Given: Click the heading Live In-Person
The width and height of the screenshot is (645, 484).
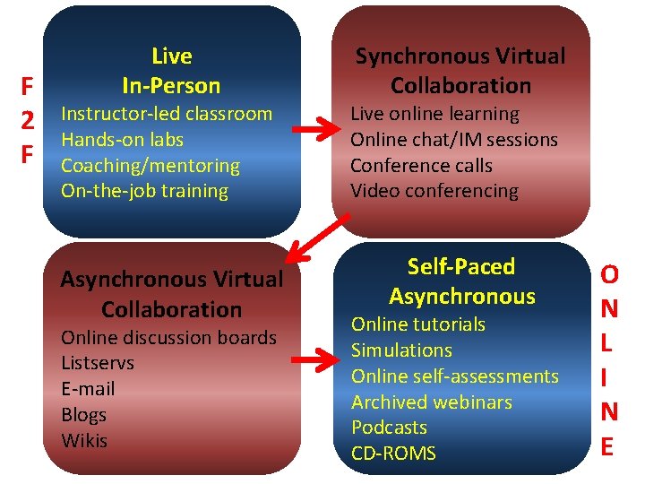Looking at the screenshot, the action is [x=171, y=71].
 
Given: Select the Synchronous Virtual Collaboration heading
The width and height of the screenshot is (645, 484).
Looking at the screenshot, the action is [x=460, y=71].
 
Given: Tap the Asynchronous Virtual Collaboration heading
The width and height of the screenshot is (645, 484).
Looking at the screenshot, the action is [x=171, y=294].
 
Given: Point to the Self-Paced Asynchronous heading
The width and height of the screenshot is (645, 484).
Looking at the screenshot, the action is [x=461, y=281].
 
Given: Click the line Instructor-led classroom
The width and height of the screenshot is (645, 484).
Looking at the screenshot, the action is [x=166, y=114].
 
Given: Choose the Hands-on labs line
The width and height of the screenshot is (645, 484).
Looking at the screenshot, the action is [x=122, y=140].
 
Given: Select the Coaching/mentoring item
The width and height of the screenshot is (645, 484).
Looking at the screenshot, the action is [x=150, y=166].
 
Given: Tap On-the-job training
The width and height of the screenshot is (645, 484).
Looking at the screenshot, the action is [x=144, y=191].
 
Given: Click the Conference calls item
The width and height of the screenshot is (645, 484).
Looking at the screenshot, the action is [x=421, y=166].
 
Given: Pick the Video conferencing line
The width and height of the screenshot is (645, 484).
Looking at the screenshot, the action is [x=434, y=191].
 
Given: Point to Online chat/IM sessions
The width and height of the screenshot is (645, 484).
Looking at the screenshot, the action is [x=453, y=140].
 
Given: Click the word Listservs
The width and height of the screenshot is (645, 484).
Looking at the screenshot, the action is [x=97, y=363].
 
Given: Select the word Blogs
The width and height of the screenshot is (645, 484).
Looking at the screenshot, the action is [x=83, y=415].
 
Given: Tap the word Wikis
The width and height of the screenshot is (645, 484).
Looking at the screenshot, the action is [x=83, y=441].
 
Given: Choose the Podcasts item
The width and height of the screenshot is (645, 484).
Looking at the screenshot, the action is [x=389, y=428].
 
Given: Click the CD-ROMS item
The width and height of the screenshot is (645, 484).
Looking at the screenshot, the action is [x=393, y=454].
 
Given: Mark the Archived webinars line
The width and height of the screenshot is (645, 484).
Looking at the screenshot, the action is [x=431, y=402].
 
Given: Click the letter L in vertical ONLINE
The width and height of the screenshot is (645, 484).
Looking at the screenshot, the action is [x=607, y=342].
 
